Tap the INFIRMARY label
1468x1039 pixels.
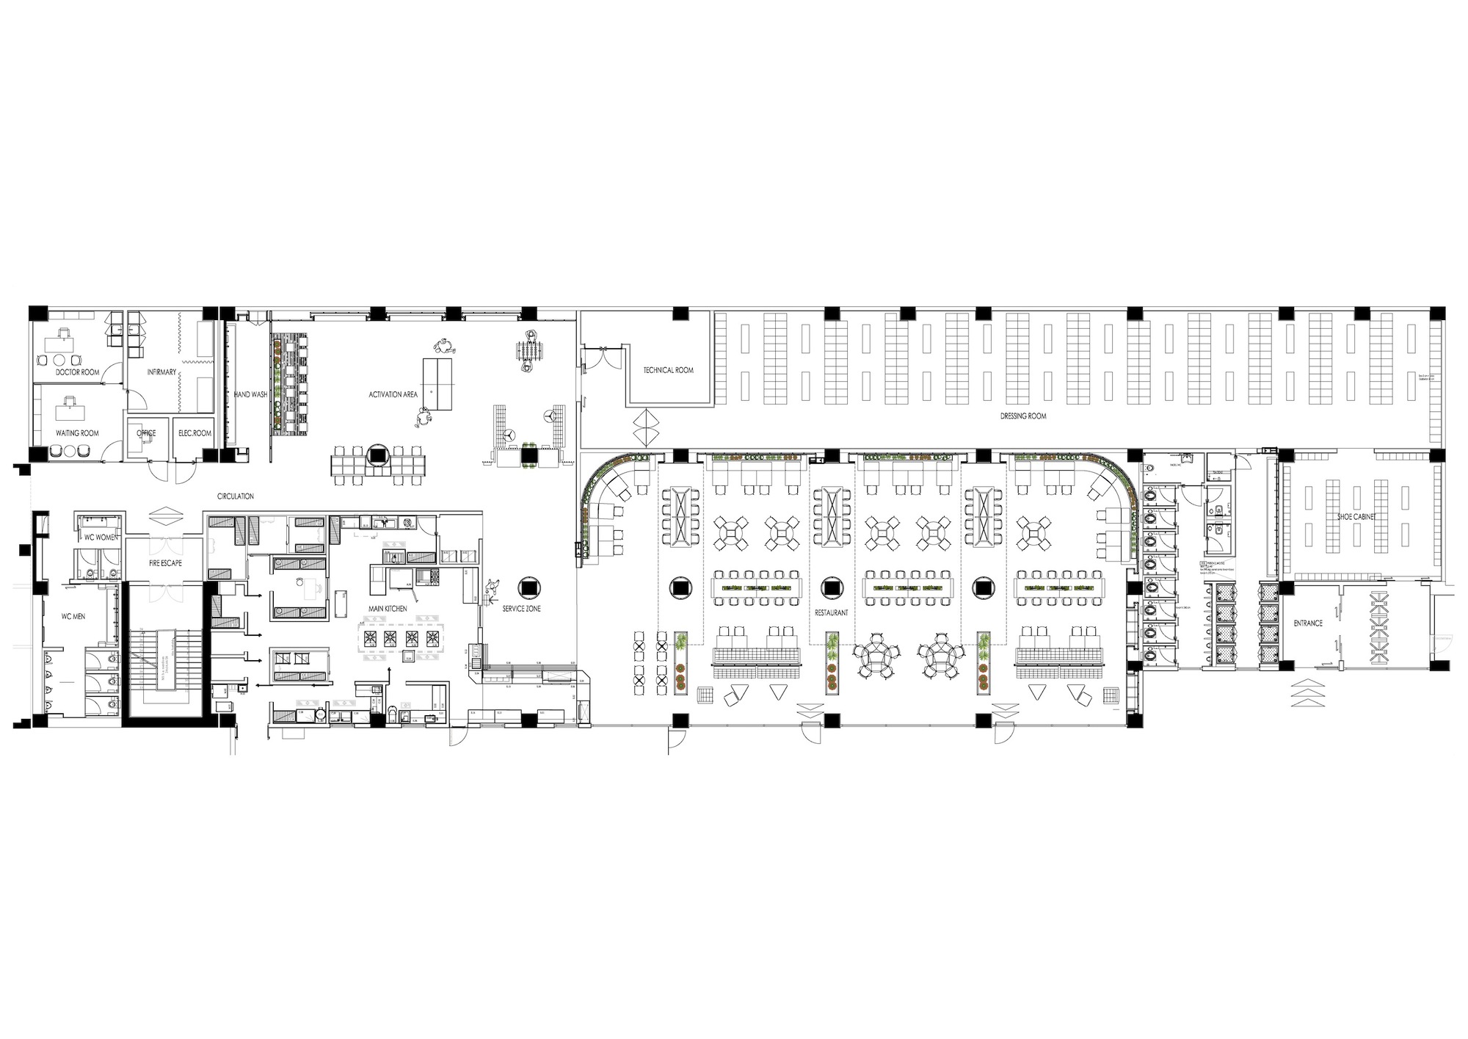tap(161, 372)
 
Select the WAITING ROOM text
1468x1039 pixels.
tap(77, 433)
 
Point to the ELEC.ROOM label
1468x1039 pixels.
tap(195, 433)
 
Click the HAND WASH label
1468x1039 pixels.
tap(250, 394)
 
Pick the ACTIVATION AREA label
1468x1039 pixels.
tap(393, 394)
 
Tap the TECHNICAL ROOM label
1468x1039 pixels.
tap(668, 370)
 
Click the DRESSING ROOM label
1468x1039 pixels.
tap(1023, 416)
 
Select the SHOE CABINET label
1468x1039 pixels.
tap(1354, 516)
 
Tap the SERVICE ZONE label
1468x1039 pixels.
tap(522, 609)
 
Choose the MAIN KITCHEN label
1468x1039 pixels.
tap(388, 609)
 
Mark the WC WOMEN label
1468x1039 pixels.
tap(100, 537)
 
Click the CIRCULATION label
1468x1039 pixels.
tap(235, 496)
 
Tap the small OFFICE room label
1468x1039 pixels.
tap(146, 433)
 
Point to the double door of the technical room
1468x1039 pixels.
tap(602, 358)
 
